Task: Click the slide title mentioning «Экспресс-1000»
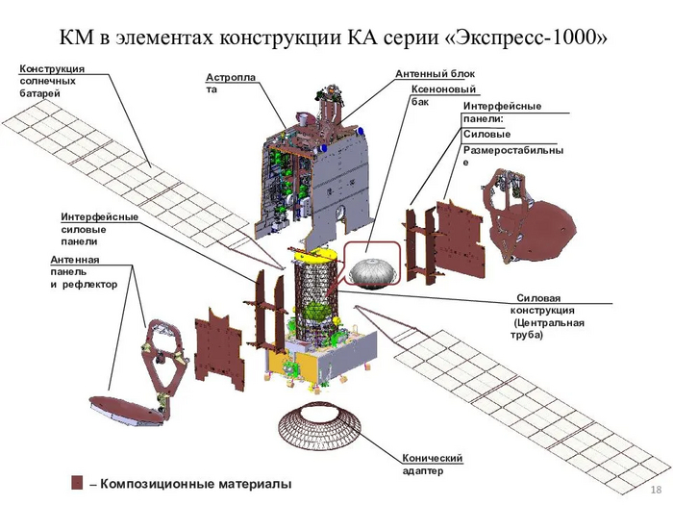pyautogui.click(x=336, y=37)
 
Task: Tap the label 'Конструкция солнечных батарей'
pyautogui.click(x=51, y=81)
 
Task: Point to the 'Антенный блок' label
pyautogui.click(x=435, y=74)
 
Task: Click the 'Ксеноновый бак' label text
pyautogui.click(x=443, y=94)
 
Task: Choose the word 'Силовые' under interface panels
pyautogui.click(x=486, y=135)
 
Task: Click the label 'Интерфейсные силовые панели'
pyautogui.click(x=99, y=229)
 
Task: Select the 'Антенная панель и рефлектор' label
pyautogui.click(x=83, y=272)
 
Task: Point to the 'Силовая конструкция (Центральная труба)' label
pyautogui.click(x=548, y=316)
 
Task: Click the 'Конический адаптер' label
pyautogui.click(x=433, y=464)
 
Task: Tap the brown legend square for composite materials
pyautogui.click(x=77, y=482)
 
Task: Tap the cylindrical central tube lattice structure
pyautogui.click(x=314, y=293)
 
